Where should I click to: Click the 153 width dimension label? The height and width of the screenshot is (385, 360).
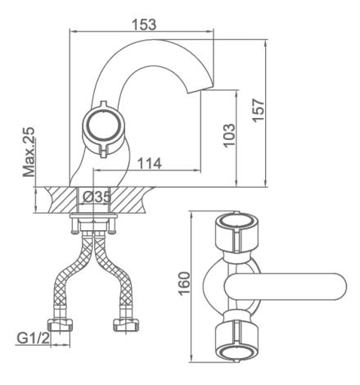(x=144, y=25)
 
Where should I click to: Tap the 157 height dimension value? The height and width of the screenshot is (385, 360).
(x=258, y=111)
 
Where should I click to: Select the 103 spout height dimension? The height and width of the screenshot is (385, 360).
(x=229, y=136)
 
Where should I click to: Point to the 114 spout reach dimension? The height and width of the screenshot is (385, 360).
(x=149, y=163)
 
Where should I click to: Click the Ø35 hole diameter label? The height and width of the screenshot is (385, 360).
(x=97, y=197)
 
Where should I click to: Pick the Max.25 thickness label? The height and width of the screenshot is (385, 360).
(x=29, y=152)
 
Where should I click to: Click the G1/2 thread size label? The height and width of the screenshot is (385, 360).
(x=34, y=338)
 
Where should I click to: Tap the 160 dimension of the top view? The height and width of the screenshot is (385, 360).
(x=184, y=283)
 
